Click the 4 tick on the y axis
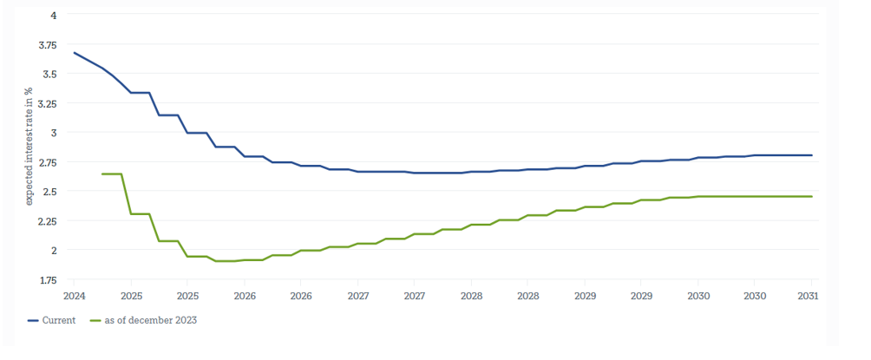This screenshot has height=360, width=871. [x=54, y=16]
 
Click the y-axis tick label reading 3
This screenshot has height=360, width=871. [x=54, y=133]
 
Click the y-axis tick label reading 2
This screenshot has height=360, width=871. [x=54, y=251]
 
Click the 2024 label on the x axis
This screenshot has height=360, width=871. [x=74, y=296]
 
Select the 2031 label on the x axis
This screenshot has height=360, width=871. [x=810, y=296]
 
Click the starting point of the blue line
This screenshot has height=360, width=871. [x=74, y=52]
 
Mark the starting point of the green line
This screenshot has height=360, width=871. [x=102, y=174]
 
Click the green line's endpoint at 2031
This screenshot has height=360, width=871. [x=811, y=197]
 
